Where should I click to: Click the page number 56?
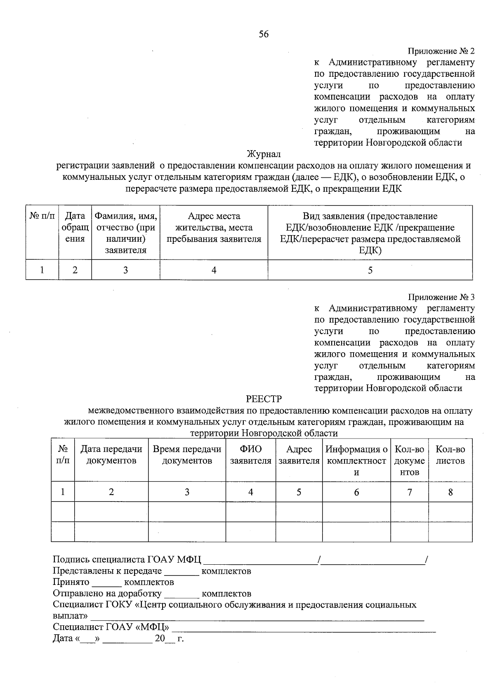[x=264, y=34]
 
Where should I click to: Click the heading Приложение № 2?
[x=441, y=52]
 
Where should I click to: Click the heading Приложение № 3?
[x=441, y=297]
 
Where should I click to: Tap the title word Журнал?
[x=264, y=154]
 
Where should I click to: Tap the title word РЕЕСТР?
[x=264, y=399]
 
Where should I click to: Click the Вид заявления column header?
[x=370, y=233]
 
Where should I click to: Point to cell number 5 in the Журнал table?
[x=370, y=270]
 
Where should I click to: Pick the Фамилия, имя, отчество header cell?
[x=126, y=233]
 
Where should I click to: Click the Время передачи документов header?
[x=187, y=455]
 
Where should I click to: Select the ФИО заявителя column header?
[x=250, y=455]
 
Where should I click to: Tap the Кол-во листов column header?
[x=450, y=455]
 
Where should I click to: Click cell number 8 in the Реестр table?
[x=450, y=492]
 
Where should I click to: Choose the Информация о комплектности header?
[x=356, y=460]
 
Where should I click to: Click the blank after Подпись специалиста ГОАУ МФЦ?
[x=260, y=560]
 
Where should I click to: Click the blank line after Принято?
[x=107, y=583]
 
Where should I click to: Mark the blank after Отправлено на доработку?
[x=181, y=594]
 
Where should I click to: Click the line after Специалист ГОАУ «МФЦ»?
[x=303, y=628]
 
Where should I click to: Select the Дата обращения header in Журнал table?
[x=75, y=227]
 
